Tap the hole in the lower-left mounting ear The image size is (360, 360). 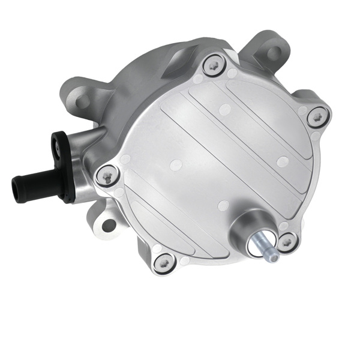pos(108,225)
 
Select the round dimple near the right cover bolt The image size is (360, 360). pos(283,160)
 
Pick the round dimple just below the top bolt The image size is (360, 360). pos(224,109)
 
